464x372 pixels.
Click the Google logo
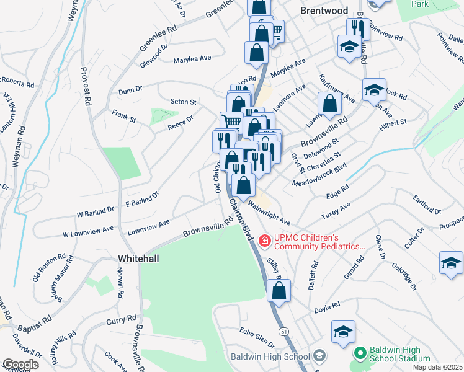tap(20, 365)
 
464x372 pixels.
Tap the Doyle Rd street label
tap(327, 306)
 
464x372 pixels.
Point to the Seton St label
tap(183, 102)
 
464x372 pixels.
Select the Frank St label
tap(123, 114)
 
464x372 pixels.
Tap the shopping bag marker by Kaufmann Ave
tap(329, 104)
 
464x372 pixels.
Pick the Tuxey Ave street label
tap(336, 210)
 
